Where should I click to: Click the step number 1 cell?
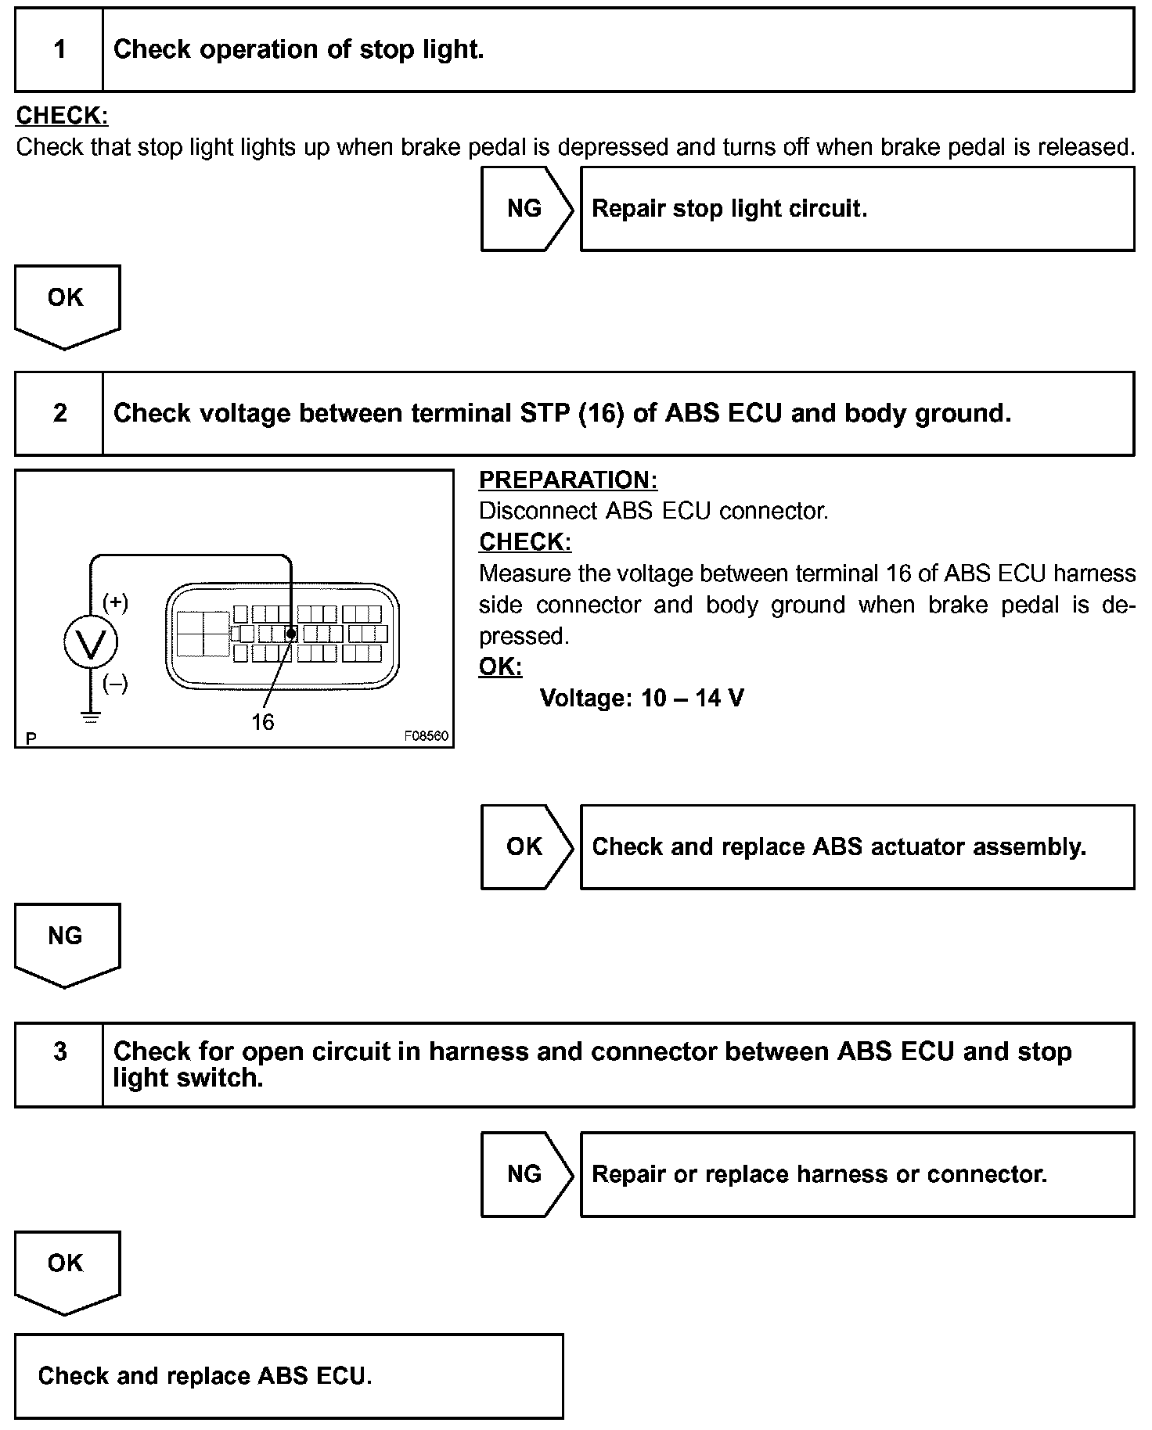tap(59, 50)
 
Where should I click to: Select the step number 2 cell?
tap(59, 413)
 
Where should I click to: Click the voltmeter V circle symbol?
tap(92, 642)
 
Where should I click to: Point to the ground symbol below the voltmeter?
tap(92, 717)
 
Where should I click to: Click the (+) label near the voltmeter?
tap(116, 602)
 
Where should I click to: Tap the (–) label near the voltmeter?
tap(116, 684)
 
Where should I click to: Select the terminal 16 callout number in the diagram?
tap(263, 721)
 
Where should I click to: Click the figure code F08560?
tap(426, 736)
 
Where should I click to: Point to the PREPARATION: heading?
tap(568, 480)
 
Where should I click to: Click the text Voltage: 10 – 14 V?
tap(642, 698)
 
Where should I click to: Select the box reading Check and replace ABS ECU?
tap(288, 1376)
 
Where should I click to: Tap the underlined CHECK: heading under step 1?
tap(62, 116)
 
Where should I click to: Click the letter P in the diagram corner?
tap(31, 738)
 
